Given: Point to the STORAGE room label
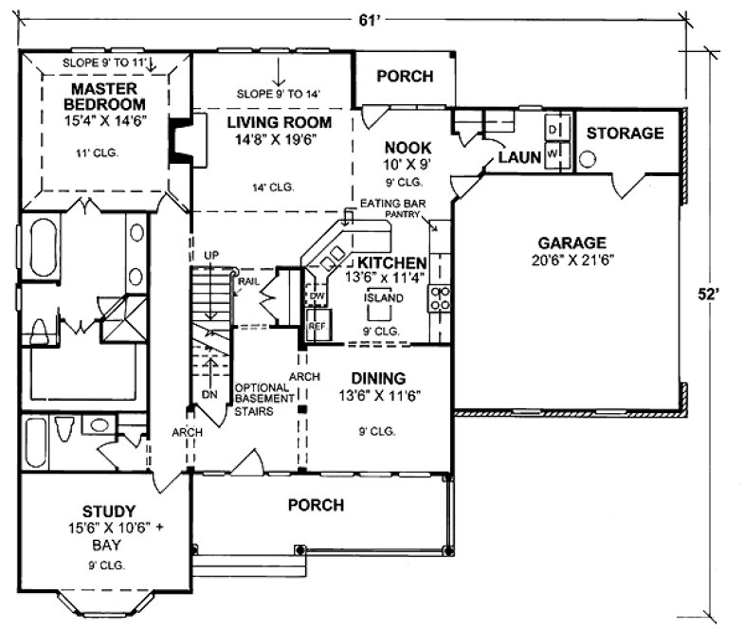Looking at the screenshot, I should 625,134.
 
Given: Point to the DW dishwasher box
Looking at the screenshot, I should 317,297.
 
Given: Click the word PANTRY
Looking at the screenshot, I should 402,216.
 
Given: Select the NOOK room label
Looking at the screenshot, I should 408,148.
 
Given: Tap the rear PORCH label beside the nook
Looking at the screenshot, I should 405,76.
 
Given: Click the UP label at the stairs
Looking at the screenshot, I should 211,256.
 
